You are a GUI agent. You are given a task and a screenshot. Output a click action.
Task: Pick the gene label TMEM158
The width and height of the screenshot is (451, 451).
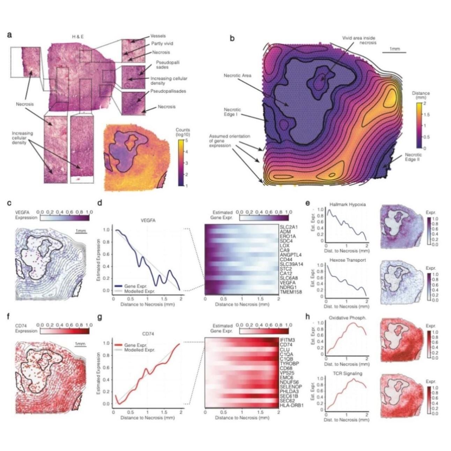coord(289,291)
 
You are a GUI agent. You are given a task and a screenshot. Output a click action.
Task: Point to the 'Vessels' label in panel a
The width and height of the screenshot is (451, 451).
coord(158,36)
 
